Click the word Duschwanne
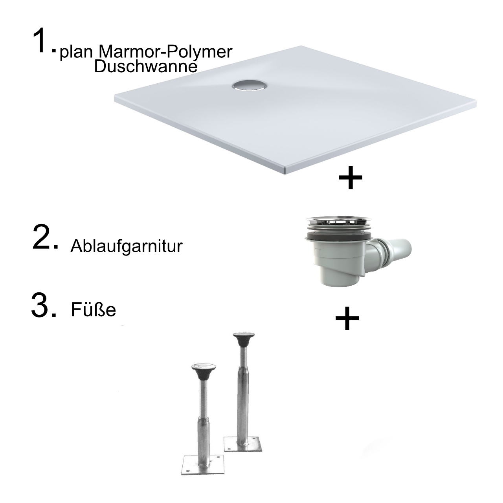(145, 66)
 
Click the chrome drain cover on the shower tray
(250, 86)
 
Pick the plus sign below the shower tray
(350, 177)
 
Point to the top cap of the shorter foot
(204, 369)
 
